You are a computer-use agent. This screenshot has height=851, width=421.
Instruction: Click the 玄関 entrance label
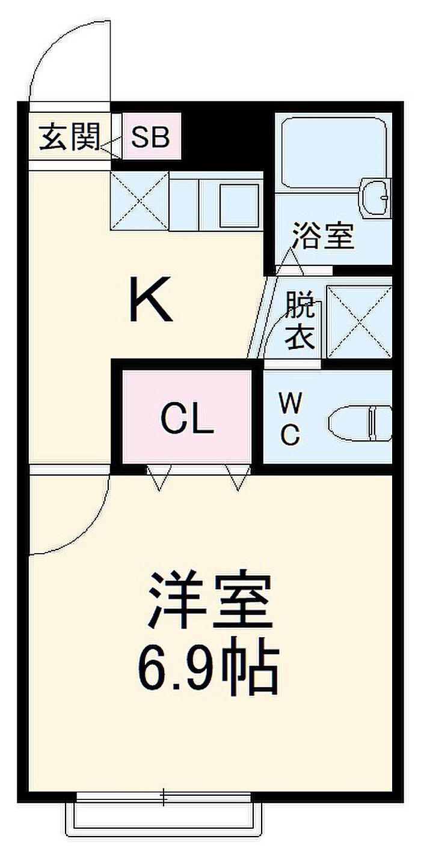click(x=70, y=137)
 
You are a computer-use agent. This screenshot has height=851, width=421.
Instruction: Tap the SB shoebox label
click(x=150, y=137)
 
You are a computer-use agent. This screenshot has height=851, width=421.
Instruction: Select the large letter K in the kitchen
click(x=150, y=299)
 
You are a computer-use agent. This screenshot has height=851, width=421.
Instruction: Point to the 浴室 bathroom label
click(x=323, y=236)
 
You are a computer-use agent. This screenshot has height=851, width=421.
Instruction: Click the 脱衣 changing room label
click(x=300, y=320)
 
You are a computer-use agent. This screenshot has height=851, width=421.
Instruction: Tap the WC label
click(x=291, y=419)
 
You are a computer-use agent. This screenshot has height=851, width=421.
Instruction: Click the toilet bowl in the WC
click(x=360, y=423)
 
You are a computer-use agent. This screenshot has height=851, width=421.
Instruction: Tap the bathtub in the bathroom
click(x=334, y=153)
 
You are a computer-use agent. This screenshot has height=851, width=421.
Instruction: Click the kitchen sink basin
click(x=239, y=205)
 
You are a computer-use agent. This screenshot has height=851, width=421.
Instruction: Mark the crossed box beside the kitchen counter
click(x=139, y=201)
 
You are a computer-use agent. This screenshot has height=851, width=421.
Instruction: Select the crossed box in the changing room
click(x=360, y=322)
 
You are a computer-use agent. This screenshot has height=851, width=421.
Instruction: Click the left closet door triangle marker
click(x=159, y=477)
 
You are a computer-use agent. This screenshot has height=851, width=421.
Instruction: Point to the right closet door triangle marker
click(x=238, y=477)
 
